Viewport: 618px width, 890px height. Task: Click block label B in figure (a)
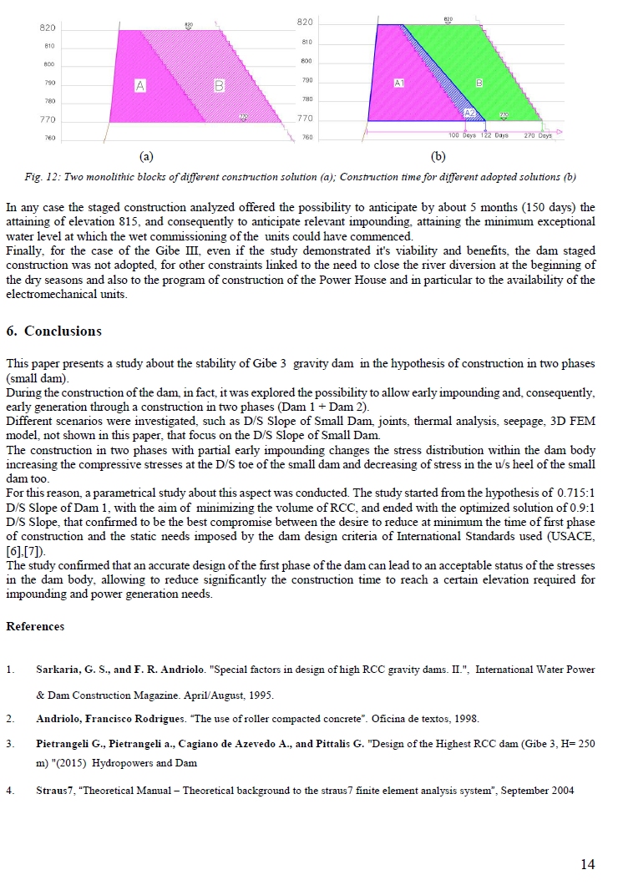point(219,85)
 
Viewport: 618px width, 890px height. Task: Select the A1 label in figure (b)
point(399,83)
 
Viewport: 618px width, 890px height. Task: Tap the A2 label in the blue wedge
point(469,113)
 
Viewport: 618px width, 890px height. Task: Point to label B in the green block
point(479,83)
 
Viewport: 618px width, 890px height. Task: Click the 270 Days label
point(538,134)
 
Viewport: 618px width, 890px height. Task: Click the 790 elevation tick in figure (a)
point(49,83)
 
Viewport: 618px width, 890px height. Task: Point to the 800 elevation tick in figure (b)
point(306,61)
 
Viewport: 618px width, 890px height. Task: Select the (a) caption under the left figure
point(146,156)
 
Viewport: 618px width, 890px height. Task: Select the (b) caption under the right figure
point(438,156)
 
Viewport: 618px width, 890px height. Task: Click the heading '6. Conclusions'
point(53,331)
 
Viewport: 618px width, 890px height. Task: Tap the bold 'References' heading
point(35,626)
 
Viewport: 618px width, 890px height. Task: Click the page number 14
point(588,864)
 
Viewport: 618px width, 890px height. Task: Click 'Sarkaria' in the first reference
point(57,670)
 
